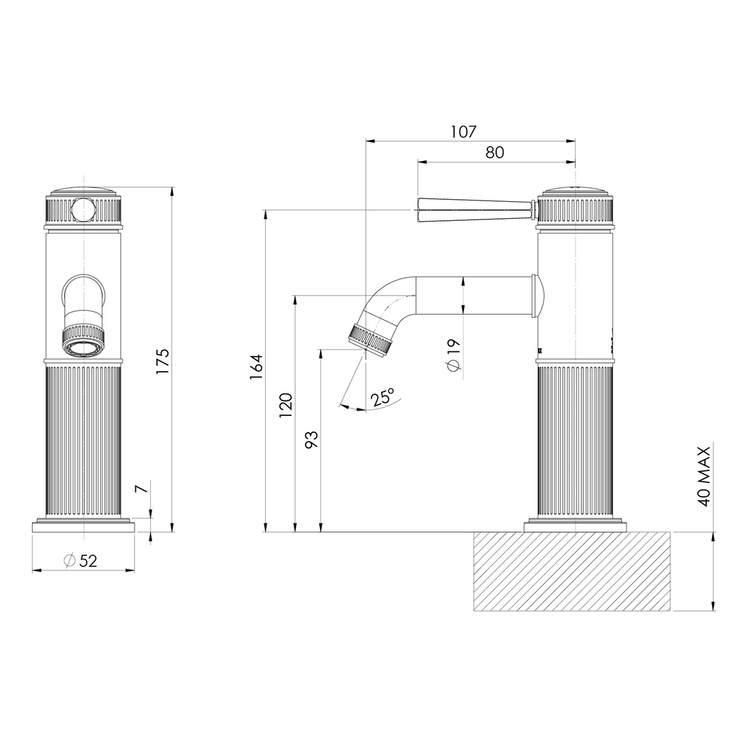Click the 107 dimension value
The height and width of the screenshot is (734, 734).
(x=464, y=132)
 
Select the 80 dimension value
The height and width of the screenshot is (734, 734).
(x=495, y=152)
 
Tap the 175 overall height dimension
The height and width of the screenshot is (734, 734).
(x=162, y=361)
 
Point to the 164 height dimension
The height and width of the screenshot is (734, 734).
(x=256, y=367)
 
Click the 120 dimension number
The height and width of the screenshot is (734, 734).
(x=285, y=405)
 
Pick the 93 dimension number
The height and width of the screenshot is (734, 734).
(x=311, y=440)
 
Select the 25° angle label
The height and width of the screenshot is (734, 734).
(x=382, y=398)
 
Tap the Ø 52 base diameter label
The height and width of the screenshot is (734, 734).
(x=81, y=561)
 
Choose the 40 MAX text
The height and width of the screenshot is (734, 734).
(x=704, y=476)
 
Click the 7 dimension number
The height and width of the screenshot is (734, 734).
(x=141, y=489)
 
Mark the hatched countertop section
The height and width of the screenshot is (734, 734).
(x=572, y=571)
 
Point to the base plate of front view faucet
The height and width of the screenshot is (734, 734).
(x=83, y=526)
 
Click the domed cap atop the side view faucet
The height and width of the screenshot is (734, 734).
(x=575, y=191)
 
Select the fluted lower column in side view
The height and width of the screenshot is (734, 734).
(x=575, y=442)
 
